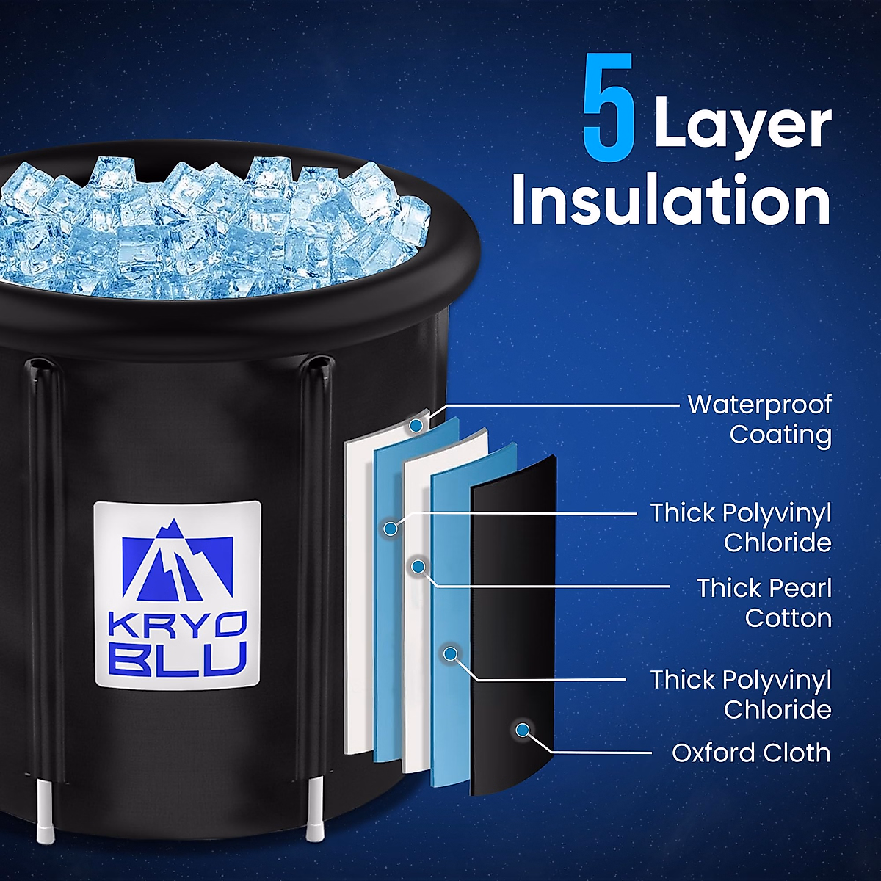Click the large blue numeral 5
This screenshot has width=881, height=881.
tap(609, 109)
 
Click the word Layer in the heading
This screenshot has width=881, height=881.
tap(742, 126)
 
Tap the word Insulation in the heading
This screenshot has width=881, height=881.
tap(671, 200)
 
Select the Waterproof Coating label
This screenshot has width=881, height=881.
tap(759, 419)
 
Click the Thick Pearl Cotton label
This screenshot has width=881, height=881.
tap(764, 603)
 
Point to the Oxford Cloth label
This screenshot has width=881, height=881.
tap(751, 753)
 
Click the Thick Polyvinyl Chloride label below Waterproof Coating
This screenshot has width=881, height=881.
tap(740, 527)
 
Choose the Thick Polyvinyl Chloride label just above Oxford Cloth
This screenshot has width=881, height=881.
tap(740, 694)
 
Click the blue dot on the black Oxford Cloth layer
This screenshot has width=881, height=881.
tap(523, 730)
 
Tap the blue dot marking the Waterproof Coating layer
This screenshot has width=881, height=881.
tap(416, 425)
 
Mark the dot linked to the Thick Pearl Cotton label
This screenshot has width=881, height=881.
tap(418, 566)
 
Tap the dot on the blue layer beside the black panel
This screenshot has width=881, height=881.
tap(451, 653)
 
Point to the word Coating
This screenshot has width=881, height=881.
tap(780, 435)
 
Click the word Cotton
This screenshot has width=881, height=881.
tap(788, 618)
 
